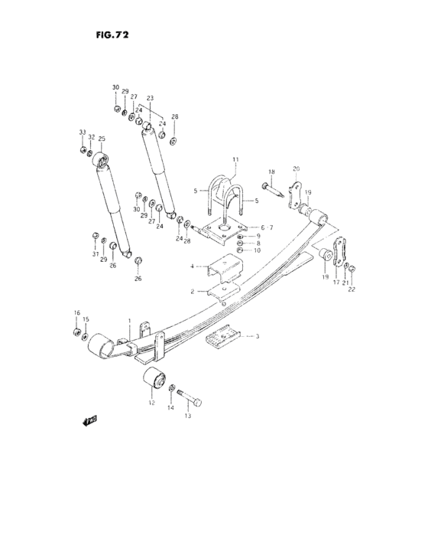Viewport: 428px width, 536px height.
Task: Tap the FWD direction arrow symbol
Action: click(88, 420)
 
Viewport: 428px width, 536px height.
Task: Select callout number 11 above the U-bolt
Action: click(236, 159)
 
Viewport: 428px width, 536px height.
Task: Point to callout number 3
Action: click(258, 336)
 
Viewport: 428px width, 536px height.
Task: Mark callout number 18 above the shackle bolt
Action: click(271, 172)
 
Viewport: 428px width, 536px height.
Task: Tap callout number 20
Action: click(296, 169)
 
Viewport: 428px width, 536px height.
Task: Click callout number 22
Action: click(352, 289)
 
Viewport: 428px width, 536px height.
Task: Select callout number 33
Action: click(82, 134)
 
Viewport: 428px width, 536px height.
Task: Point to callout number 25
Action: click(102, 139)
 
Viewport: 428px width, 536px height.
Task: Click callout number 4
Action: click(193, 267)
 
